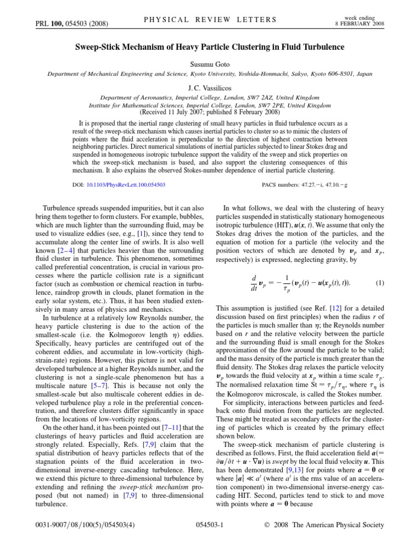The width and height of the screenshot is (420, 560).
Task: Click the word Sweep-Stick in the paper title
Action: pos(101,47)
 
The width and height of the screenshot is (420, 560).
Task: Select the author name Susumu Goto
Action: pos(210,63)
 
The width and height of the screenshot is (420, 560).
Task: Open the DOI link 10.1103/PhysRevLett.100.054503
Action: pos(126,185)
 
